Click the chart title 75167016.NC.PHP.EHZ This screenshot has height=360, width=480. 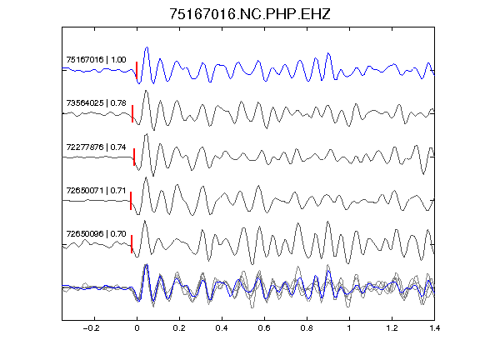click(250, 14)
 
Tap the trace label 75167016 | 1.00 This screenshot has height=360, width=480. click(96, 59)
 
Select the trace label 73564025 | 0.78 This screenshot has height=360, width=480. click(96, 102)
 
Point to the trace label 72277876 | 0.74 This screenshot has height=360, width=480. click(96, 147)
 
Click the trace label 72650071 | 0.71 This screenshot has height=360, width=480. click(96, 190)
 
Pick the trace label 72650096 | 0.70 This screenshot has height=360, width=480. click(96, 234)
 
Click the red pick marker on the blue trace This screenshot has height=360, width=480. click(137, 70)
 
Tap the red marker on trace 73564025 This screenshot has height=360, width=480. click(132, 113)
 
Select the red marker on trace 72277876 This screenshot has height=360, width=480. click(134, 157)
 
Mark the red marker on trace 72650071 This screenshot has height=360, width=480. click(131, 201)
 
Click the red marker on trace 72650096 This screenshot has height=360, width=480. click(132, 244)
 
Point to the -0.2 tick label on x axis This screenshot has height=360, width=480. click(91, 328)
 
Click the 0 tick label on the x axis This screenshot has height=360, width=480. click(137, 328)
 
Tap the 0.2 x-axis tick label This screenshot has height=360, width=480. click(179, 328)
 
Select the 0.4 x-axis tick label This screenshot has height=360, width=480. click(222, 328)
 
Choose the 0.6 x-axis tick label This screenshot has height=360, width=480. click(264, 328)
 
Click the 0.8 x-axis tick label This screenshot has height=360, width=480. click(307, 328)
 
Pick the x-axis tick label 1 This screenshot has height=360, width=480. click(349, 328)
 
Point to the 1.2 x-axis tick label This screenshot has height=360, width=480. click(392, 328)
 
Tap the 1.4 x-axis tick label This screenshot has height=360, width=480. click(434, 328)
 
